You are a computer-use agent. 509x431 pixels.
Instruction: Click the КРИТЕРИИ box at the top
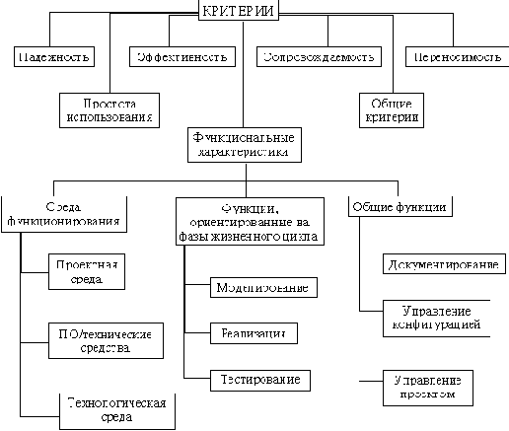click(x=238, y=11)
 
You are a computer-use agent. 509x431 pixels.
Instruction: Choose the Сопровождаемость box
click(x=317, y=56)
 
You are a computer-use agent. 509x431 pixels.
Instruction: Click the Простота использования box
click(x=109, y=109)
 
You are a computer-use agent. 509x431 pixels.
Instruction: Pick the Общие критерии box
click(x=389, y=109)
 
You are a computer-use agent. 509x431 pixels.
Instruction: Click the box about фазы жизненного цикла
click(x=253, y=221)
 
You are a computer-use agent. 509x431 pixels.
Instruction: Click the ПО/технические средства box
click(x=104, y=338)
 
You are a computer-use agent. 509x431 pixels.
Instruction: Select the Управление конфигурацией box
click(x=434, y=317)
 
